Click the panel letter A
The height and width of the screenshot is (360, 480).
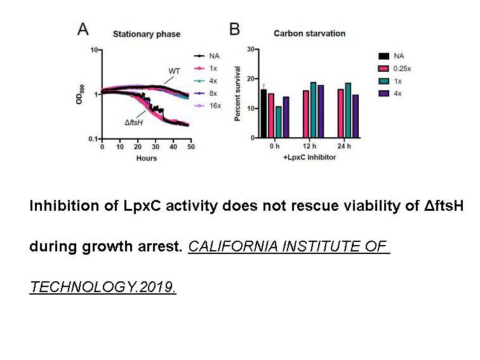[x=83, y=29]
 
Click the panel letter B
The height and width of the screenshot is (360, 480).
[x=234, y=29]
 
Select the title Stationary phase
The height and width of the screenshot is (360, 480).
[x=147, y=34]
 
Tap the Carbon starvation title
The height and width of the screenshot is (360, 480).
[x=309, y=34]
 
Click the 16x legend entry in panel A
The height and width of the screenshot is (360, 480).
[x=208, y=105]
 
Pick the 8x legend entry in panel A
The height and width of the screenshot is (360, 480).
[x=206, y=93]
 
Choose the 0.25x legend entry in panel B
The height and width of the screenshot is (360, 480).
[x=394, y=69]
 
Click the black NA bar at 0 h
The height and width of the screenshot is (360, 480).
[x=263, y=114]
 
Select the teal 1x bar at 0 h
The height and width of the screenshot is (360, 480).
[x=278, y=122]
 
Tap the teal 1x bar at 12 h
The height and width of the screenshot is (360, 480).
[x=313, y=110]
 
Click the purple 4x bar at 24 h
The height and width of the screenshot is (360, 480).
[x=356, y=116]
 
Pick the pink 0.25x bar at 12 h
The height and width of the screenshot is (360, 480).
[x=306, y=114]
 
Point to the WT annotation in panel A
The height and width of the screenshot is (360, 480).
[x=174, y=71]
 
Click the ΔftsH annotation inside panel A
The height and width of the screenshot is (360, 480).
[x=134, y=123]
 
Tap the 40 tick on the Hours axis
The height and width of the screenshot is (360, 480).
[x=173, y=147]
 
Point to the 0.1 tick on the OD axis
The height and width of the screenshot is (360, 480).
[x=93, y=139]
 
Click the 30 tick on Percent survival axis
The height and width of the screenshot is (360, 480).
[x=251, y=50]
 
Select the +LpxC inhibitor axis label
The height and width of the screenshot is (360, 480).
[x=309, y=157]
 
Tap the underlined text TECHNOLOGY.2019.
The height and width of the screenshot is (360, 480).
[x=103, y=287]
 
